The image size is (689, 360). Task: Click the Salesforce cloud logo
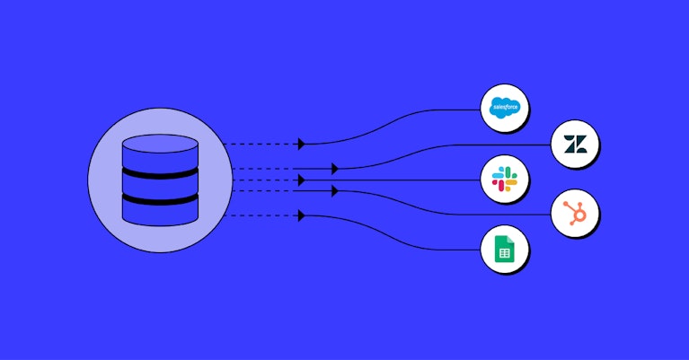[x=505, y=108]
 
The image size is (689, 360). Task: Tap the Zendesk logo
[x=575, y=144]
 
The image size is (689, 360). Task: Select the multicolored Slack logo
[x=505, y=180]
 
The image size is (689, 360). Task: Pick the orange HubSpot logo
[x=575, y=214]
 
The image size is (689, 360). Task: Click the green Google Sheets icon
[x=505, y=249]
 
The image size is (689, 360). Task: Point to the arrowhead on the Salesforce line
[x=302, y=144]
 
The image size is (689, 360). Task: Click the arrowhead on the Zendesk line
[x=335, y=169]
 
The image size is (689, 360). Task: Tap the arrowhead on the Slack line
[x=302, y=180]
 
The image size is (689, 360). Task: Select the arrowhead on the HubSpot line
[x=335, y=191]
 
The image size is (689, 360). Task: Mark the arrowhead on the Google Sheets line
[x=302, y=215]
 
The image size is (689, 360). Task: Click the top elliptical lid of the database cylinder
[x=160, y=144]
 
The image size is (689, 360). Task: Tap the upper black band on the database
[x=160, y=173]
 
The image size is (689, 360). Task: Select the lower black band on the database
[x=160, y=200]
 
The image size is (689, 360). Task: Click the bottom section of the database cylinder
[x=160, y=215]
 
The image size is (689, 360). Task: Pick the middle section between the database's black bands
[x=160, y=187]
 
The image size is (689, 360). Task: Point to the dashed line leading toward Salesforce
[x=261, y=144]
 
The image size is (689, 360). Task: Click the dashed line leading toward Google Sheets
[x=261, y=215]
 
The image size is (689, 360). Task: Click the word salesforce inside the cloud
[x=506, y=107]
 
